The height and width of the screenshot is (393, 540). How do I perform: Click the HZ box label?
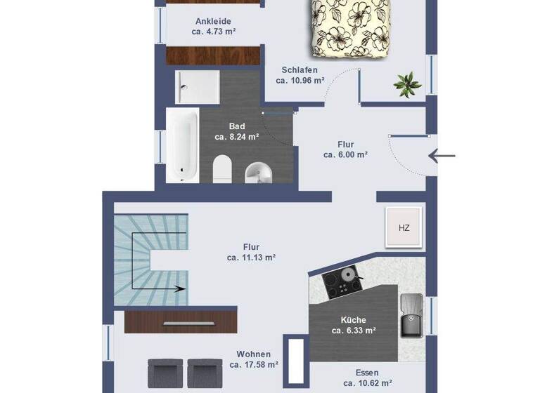pyautogui.click(x=404, y=228)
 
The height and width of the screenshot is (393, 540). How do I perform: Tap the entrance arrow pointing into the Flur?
pyautogui.click(x=442, y=156)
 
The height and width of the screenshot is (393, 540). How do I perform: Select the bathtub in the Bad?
pyautogui.click(x=182, y=145)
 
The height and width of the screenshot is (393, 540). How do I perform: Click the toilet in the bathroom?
pyautogui.click(x=222, y=168)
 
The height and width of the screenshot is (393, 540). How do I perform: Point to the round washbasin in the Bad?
pyautogui.click(x=257, y=171)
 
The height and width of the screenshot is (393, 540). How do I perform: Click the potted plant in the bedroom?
pyautogui.click(x=407, y=84)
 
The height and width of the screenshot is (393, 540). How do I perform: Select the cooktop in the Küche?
pyautogui.click(x=343, y=281)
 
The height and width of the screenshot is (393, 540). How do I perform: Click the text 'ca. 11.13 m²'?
pyautogui.click(x=251, y=258)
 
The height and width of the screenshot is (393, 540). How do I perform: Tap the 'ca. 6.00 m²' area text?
pyautogui.click(x=345, y=155)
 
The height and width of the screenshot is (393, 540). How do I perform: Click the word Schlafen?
pyautogui.click(x=300, y=69)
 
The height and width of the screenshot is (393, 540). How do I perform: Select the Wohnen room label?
pyautogui.click(x=254, y=354)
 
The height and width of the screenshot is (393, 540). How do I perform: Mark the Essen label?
pyautogui.click(x=367, y=373)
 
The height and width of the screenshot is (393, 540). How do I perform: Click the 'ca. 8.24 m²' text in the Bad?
pyautogui.click(x=237, y=137)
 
